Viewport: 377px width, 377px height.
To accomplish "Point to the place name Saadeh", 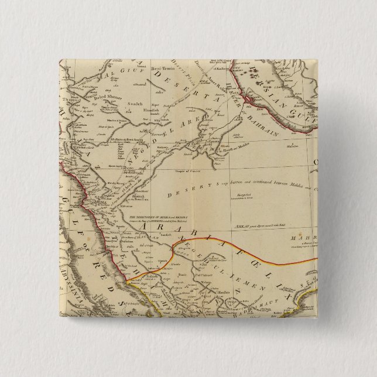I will (x=135, y=104).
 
